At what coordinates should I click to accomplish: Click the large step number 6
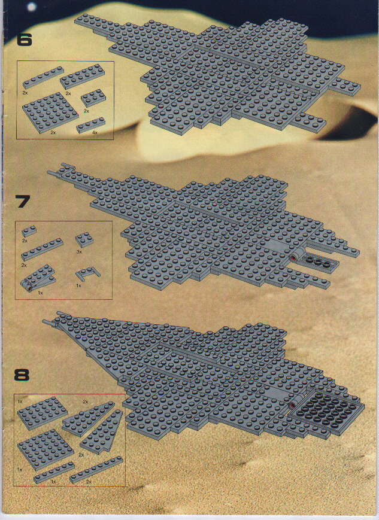coord(24,40)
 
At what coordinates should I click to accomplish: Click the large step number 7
coord(23,202)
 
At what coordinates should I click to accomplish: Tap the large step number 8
coord(22,375)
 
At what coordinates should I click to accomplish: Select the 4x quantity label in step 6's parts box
coord(95,133)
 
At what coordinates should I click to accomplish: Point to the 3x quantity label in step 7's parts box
coord(79,252)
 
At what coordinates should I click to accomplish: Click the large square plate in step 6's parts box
coord(50,112)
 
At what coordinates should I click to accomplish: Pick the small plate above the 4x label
coord(90,124)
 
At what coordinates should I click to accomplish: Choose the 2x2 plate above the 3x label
coord(84,239)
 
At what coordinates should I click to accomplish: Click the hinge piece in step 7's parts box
coord(38,278)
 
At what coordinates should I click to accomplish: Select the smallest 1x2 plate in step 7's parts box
coord(29,231)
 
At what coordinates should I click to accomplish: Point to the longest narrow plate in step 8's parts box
coord(96,470)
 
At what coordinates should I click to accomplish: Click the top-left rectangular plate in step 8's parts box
coord(42,412)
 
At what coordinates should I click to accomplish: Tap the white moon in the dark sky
coord(31,7)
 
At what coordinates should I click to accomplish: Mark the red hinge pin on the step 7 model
coord(293,258)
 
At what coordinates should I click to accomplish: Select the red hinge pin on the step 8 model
coord(292,405)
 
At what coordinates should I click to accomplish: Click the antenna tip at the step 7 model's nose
coord(48,172)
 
